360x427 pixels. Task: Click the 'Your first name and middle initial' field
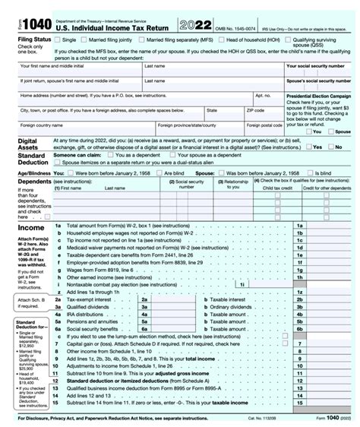tap(76, 73)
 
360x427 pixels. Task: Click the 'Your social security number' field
tap(319, 73)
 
